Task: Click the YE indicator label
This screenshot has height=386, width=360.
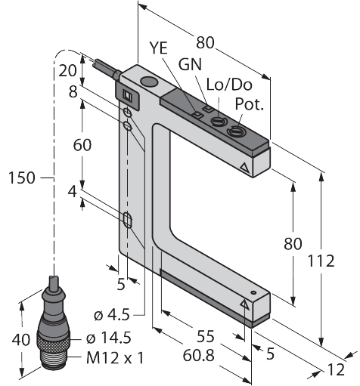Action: (158, 48)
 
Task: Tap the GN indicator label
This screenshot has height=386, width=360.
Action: (190, 64)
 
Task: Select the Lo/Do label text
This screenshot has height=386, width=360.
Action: (229, 85)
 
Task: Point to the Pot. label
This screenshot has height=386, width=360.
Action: (249, 103)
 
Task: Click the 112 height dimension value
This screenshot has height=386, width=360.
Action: (321, 261)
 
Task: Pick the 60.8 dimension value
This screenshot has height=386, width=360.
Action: (198, 356)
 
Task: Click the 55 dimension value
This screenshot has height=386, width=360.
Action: (206, 336)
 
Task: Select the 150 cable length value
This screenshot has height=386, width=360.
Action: (22, 178)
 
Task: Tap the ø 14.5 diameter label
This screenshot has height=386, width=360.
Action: (109, 338)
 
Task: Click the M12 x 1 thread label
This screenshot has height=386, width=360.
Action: (115, 358)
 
